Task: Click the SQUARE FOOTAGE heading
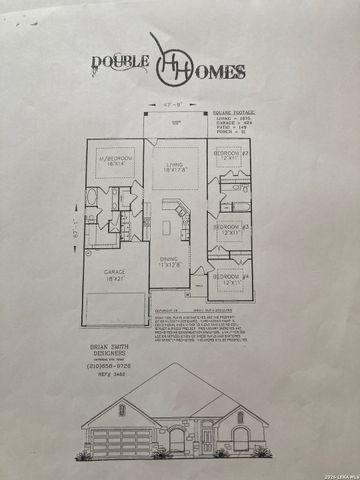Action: [x=236, y=112]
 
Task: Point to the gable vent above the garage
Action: [x=122, y=409]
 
